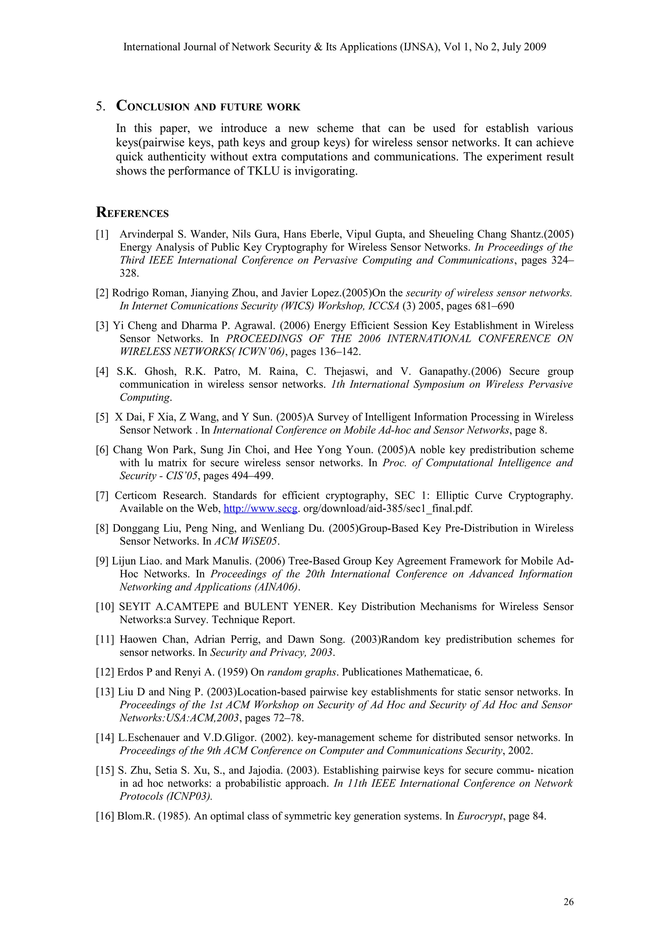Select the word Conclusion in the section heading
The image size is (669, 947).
pos(153,107)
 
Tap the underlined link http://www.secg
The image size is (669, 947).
pos(260,508)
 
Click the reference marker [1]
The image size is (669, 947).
pos(102,234)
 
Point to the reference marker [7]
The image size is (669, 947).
pos(102,495)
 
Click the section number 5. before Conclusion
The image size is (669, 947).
pos(101,107)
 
